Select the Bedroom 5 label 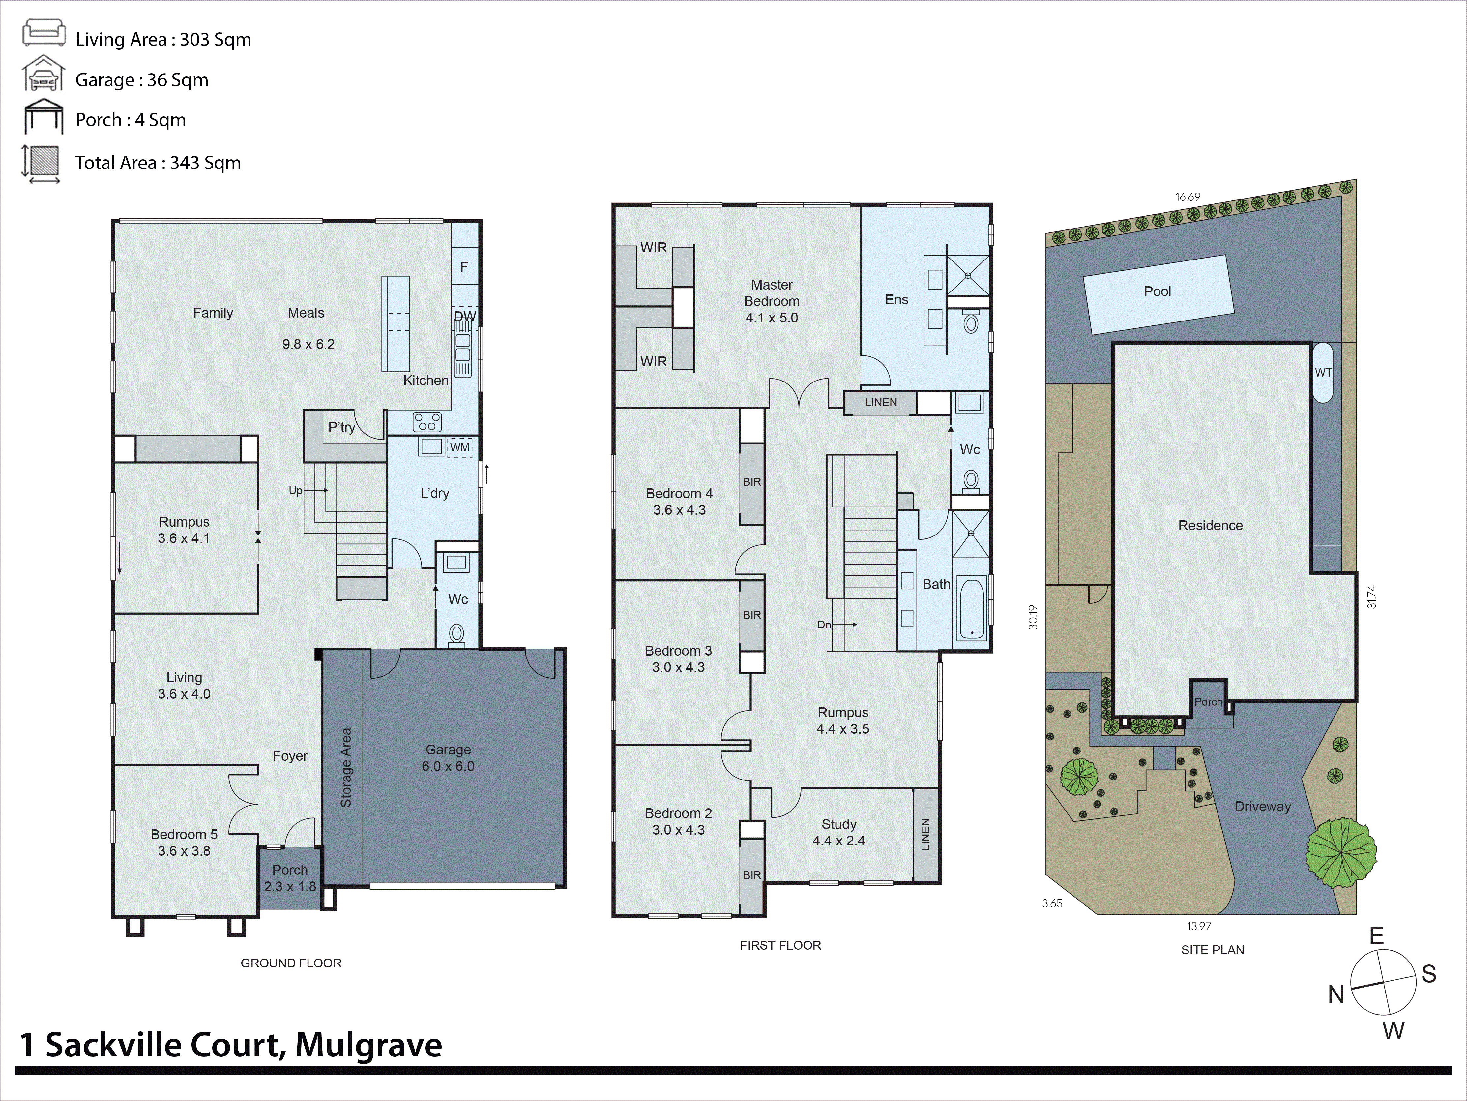click(x=184, y=842)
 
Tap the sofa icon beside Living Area click(x=44, y=33)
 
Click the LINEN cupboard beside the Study click(x=925, y=834)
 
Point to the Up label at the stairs click(x=295, y=490)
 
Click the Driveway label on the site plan click(x=1262, y=806)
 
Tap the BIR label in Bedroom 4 click(x=751, y=482)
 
